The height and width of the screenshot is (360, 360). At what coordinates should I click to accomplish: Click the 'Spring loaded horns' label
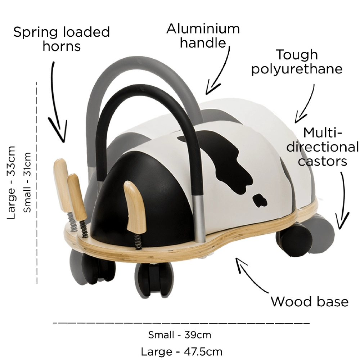tap(62, 39)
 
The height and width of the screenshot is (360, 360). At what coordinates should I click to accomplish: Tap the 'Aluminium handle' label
tap(203, 36)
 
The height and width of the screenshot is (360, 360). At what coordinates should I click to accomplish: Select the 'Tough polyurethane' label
tap(297, 62)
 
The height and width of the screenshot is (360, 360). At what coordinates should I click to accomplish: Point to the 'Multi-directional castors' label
tap(322, 147)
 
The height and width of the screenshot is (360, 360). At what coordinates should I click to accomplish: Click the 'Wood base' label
tap(310, 301)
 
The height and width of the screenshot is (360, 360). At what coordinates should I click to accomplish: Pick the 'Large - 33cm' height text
tap(11, 183)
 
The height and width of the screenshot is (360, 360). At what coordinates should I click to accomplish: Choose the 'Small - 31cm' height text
tap(27, 182)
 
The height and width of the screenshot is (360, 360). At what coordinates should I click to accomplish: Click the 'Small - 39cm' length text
tap(180, 335)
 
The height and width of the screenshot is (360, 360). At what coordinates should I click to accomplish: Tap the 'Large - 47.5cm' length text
tap(181, 352)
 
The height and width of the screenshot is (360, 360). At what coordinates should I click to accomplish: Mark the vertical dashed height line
tap(37, 183)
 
